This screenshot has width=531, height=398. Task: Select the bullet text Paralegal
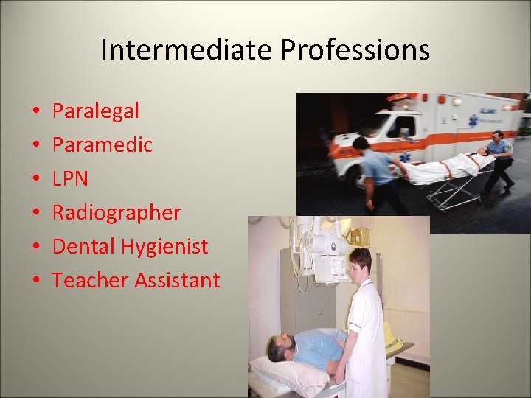(96, 111)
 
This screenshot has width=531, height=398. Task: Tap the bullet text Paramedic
(103, 145)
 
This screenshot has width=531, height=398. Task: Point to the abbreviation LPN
(71, 178)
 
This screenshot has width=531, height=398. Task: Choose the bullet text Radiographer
(117, 213)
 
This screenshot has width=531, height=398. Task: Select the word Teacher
(87, 280)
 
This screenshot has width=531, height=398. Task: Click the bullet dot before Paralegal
(35, 112)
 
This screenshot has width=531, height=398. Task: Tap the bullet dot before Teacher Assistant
(35, 281)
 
